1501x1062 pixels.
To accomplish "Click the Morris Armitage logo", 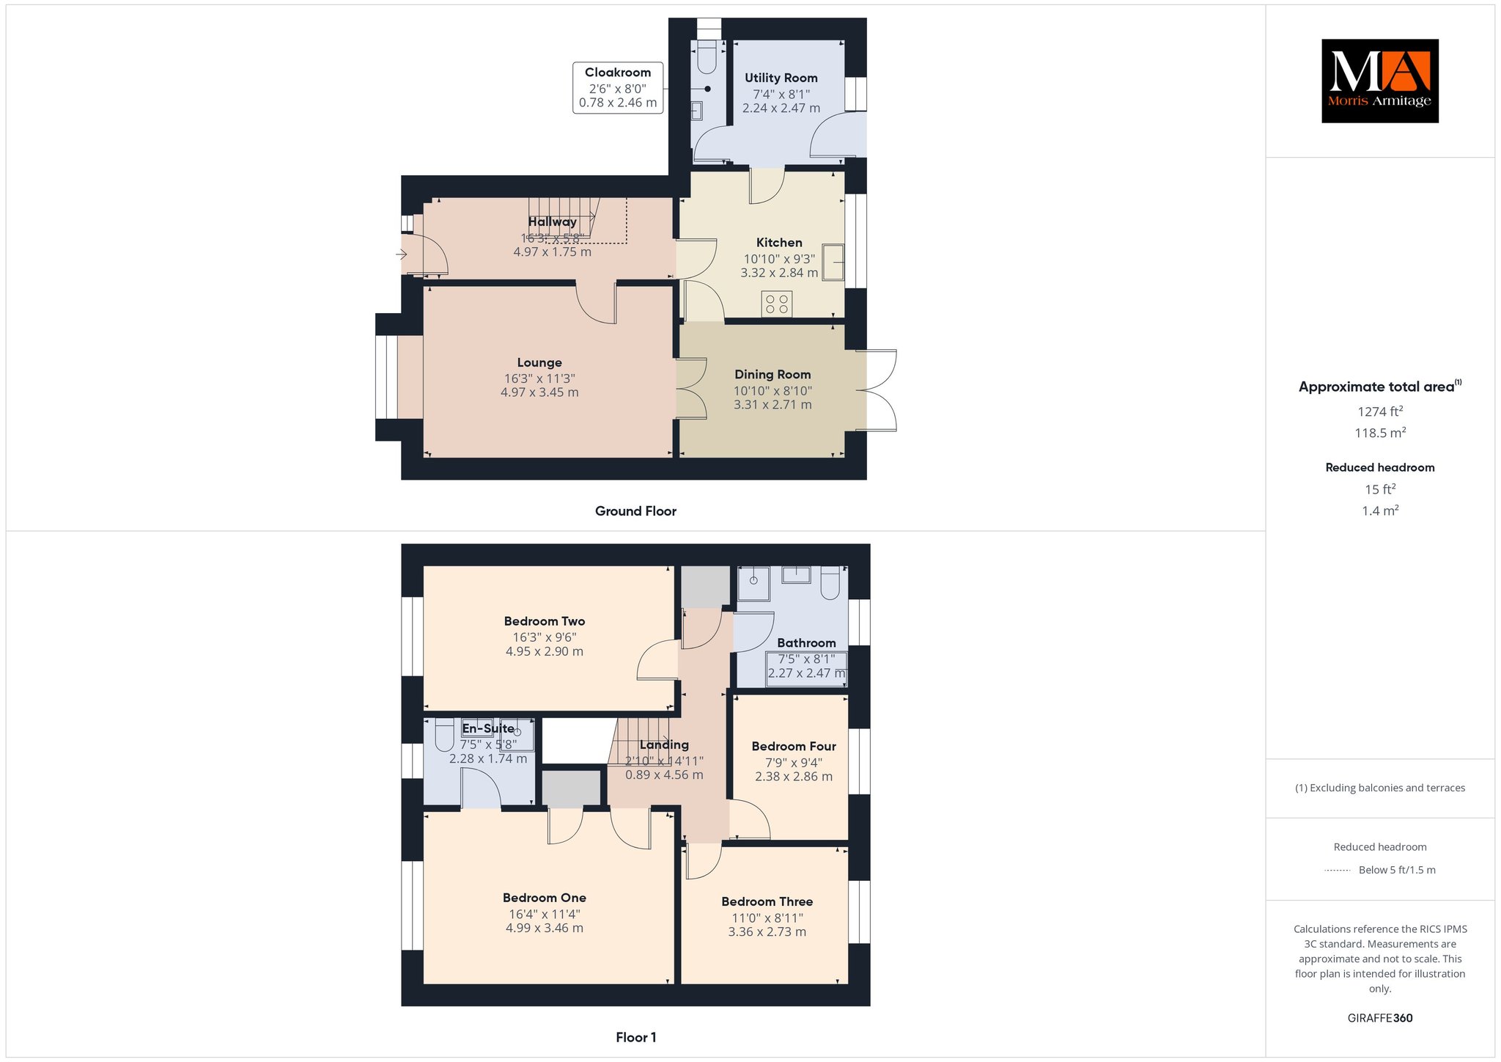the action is click(1379, 81).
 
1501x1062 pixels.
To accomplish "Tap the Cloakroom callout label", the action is click(618, 87).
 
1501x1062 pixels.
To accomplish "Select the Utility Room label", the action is click(781, 78).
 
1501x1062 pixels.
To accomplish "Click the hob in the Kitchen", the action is click(777, 304).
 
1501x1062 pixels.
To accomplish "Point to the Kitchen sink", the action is click(833, 262).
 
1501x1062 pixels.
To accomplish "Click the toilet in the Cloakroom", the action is click(707, 57).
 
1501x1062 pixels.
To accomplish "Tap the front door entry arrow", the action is click(402, 255).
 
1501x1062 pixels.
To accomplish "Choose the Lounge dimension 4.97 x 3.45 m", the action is click(539, 392).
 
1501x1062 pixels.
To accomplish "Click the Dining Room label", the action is click(772, 374).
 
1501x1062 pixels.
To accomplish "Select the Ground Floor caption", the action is click(635, 511).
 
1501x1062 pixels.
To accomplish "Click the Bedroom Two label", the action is click(545, 621).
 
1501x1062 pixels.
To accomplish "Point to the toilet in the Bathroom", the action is click(831, 582).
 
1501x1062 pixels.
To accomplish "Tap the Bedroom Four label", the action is click(794, 747).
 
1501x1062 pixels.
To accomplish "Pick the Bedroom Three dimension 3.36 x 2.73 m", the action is click(767, 932).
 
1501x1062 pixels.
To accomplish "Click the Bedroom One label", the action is click(545, 898).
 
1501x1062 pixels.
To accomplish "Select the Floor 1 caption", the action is click(636, 1037).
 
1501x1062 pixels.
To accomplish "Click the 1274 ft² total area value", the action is click(1380, 411).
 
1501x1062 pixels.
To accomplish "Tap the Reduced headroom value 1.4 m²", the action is click(1380, 510).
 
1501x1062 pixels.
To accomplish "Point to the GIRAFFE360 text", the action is click(1380, 1018).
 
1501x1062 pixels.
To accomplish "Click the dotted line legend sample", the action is click(1338, 871).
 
